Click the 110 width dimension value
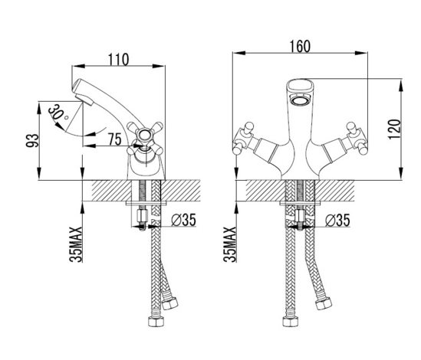coord(118,60)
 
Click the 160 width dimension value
coord(300,47)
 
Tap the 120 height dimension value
coord(394,129)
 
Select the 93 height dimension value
coord(32,141)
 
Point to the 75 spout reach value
coord(115,139)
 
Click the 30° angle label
coord(58,113)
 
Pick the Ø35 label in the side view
coord(183,220)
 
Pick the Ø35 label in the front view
coord(337,221)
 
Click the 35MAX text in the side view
coord(75,244)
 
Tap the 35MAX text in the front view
coord(229,244)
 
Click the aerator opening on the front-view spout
coord(301,101)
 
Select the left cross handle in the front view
coord(243,139)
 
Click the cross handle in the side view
coord(145,139)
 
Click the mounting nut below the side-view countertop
coord(142,215)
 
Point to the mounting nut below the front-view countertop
coord(300,215)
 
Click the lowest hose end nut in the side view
coord(156,321)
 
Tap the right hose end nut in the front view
coord(324,303)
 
